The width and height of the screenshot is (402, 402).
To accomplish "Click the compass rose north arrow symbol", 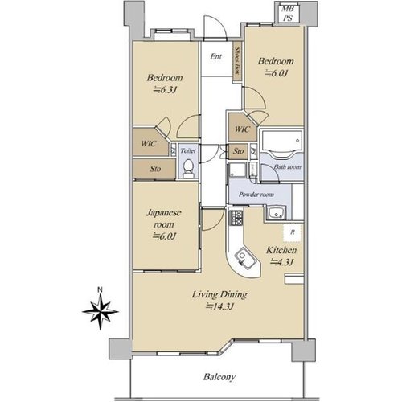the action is point(100,311).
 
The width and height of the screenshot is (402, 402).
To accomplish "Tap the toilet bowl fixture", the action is point(188,168).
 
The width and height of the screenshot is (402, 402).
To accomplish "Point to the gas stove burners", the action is point(236,218).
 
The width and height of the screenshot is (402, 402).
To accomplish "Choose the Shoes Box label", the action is point(237,61).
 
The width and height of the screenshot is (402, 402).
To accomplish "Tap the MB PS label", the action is point(288,14).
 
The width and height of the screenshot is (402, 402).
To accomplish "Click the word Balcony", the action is point(219,377).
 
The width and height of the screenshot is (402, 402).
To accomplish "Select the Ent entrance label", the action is point(216,56).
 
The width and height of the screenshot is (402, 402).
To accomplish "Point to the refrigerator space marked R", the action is point(293,232).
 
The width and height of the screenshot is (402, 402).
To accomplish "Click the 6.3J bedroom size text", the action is point(165,90).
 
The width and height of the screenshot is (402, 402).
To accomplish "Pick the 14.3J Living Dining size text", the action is point(219,306).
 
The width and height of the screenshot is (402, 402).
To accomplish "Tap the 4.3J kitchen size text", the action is point(282,261).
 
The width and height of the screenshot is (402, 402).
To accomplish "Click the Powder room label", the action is point(256,195).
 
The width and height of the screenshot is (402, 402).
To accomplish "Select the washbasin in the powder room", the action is point(275,214).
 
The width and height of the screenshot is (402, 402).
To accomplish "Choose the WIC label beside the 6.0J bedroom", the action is point(242,129).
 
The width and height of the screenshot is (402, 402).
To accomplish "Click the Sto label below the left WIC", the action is point(155,169).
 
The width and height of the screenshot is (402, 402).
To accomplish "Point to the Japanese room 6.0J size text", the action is point(164,236).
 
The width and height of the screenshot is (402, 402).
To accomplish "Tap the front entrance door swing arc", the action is point(215,25).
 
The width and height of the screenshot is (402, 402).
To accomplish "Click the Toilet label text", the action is point(188,150).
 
